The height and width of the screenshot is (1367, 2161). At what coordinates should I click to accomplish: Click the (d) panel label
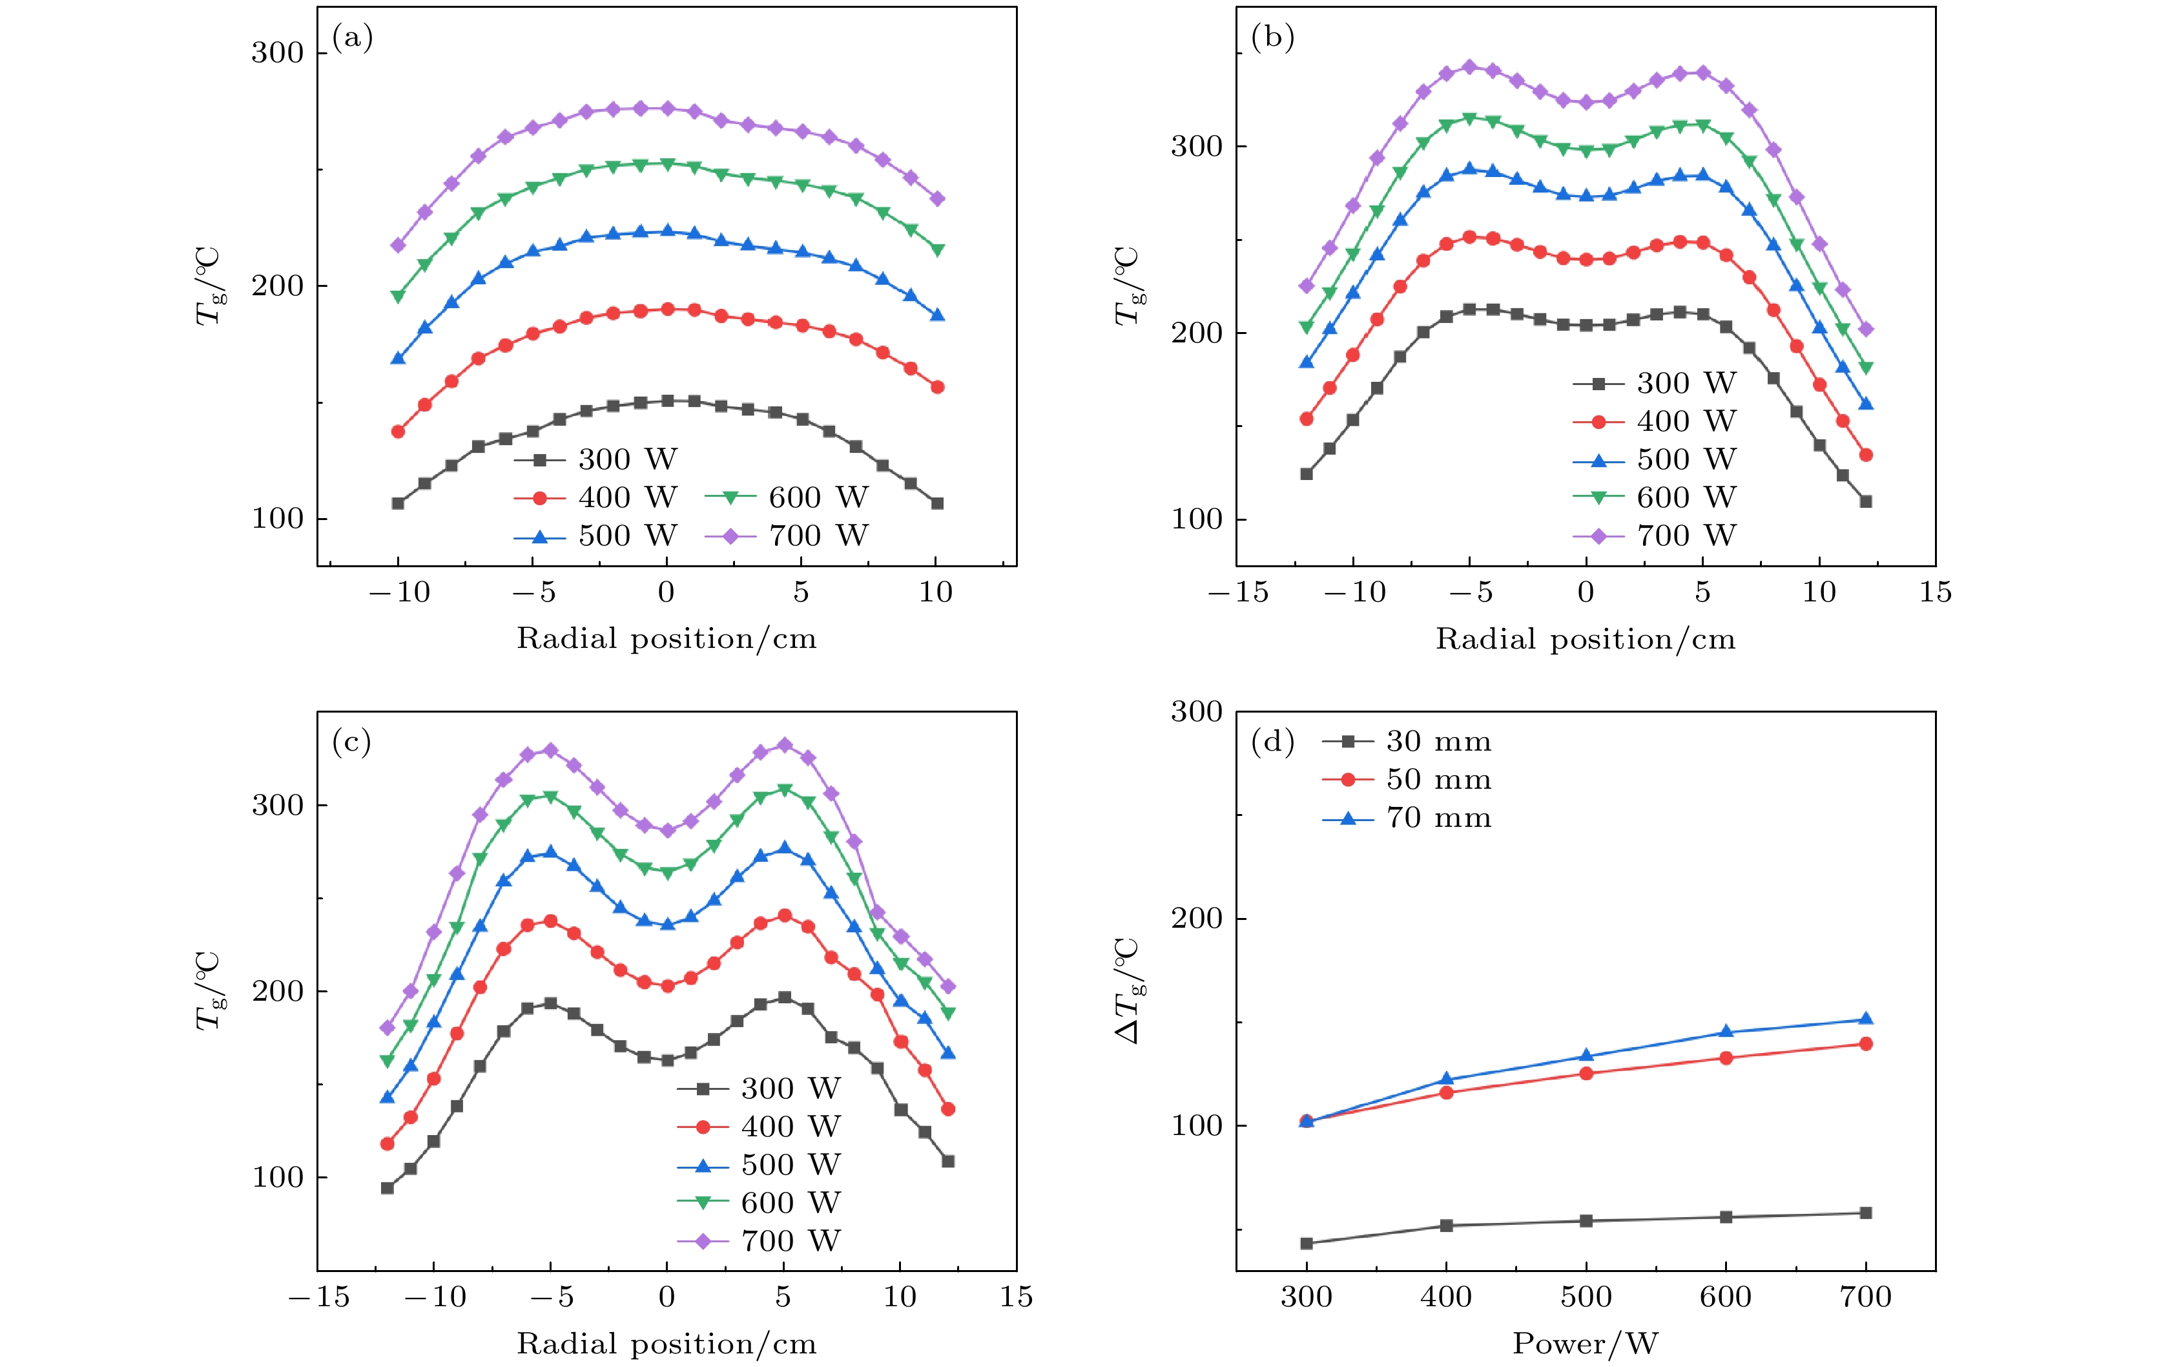[1272, 742]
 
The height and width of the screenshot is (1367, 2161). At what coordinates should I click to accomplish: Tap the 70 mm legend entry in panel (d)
[1406, 819]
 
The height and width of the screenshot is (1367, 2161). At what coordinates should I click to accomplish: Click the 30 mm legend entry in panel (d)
[1406, 742]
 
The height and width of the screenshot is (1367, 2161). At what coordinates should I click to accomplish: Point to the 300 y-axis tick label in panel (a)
[277, 53]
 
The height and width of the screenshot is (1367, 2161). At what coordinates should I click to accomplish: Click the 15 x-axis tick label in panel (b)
[1936, 592]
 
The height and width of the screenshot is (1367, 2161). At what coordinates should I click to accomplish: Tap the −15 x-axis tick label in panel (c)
[318, 1297]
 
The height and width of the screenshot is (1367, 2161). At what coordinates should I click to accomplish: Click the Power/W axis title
[1586, 1344]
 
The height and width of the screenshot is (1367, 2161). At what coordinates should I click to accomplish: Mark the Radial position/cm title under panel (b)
[1586, 639]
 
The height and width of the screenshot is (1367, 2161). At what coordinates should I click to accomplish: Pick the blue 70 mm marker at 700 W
[1866, 1019]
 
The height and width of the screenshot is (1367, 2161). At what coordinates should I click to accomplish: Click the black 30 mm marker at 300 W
[1307, 1243]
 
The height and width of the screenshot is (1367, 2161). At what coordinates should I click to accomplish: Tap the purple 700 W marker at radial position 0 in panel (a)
[667, 109]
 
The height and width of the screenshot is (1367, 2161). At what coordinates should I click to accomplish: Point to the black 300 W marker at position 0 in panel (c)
[667, 1060]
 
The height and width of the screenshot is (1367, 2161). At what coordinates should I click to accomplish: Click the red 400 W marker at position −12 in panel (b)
[1307, 419]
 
